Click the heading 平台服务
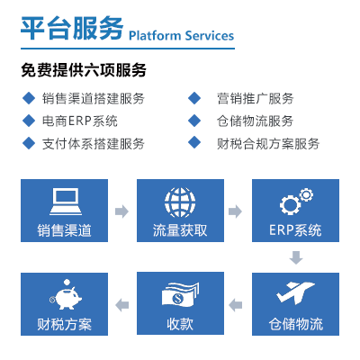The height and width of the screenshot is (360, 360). [x=71, y=29]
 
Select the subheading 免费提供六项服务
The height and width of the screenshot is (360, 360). [x=84, y=70]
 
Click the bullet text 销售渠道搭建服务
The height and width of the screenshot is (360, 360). [x=94, y=99]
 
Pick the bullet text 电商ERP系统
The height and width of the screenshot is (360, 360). [x=80, y=121]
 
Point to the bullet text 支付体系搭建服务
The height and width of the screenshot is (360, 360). [x=94, y=142]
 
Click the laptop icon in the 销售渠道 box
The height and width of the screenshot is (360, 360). [x=65, y=199]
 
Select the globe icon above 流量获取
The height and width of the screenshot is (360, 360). [x=180, y=199]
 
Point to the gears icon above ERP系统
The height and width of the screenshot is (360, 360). [x=295, y=199]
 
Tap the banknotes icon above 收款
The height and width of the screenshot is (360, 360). [x=180, y=294]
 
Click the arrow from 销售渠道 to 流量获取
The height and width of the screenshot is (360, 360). [x=122, y=211]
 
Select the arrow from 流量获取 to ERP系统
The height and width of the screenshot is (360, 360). [x=238, y=211]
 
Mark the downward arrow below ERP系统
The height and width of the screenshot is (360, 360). [x=295, y=258]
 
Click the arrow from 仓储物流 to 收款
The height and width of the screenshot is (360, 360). [x=238, y=305]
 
